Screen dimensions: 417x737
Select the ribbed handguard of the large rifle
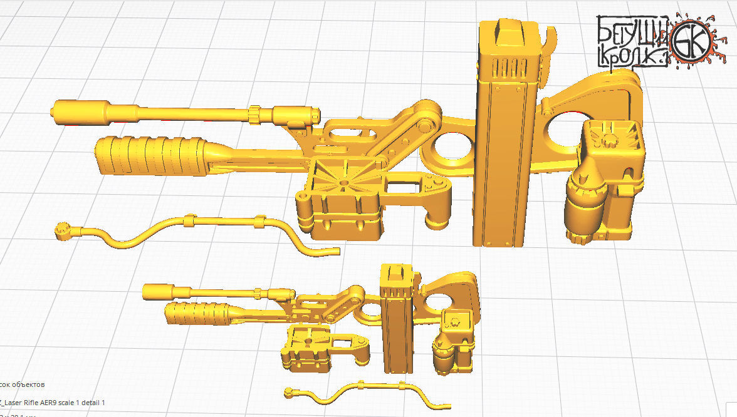tap(150, 157)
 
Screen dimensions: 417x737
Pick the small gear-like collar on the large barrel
tap(255, 114)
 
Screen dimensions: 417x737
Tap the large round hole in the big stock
tap(568, 135)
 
